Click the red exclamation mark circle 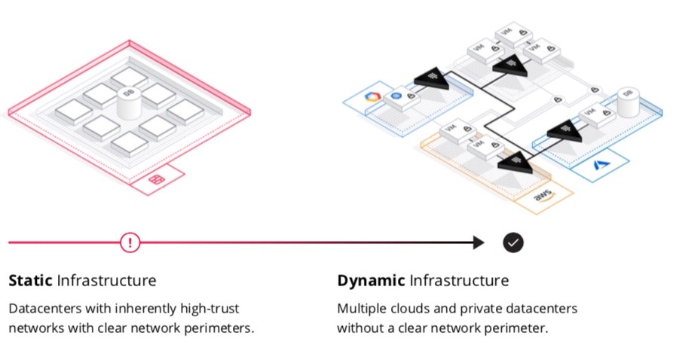pos(130,243)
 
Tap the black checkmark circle pos(513,243)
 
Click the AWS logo pos(543,197)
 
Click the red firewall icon pos(157,180)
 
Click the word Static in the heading pos(30,281)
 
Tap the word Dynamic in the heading pos(371,281)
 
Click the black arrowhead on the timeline pos(479,243)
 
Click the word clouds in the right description pos(417,309)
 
